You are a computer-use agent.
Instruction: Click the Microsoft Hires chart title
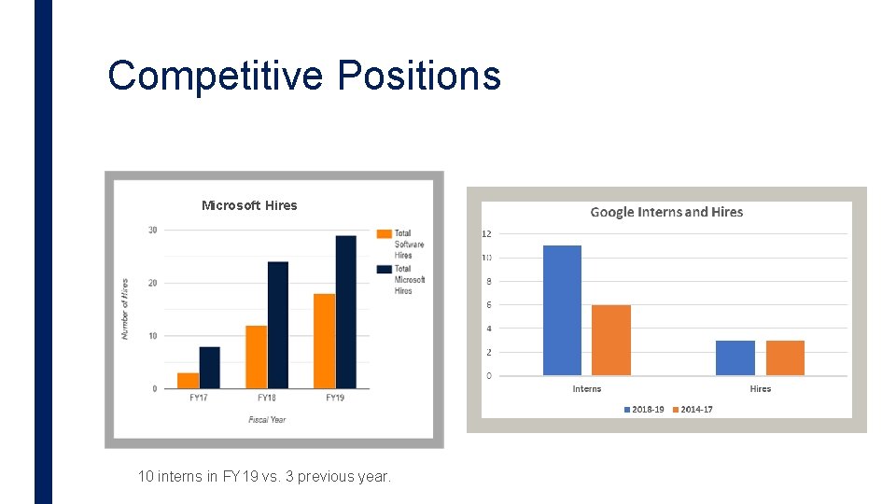249,205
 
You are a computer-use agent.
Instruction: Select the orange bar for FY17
188,381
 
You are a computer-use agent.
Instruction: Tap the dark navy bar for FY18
278,325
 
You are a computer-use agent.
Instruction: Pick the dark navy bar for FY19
345,312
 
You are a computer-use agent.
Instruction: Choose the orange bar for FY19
324,341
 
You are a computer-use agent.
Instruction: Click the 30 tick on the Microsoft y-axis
152,231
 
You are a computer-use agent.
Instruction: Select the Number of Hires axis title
125,308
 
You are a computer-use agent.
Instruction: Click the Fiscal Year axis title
267,420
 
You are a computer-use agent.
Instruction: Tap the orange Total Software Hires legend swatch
384,233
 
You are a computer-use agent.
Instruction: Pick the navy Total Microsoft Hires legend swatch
384,269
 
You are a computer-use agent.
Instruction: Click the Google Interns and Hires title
666,213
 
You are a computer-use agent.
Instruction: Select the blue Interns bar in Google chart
562,310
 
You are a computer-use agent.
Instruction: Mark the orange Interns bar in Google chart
611,340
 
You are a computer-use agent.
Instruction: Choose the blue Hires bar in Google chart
735,357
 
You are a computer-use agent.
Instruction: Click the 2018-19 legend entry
643,410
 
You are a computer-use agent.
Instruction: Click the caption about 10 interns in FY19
264,476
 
